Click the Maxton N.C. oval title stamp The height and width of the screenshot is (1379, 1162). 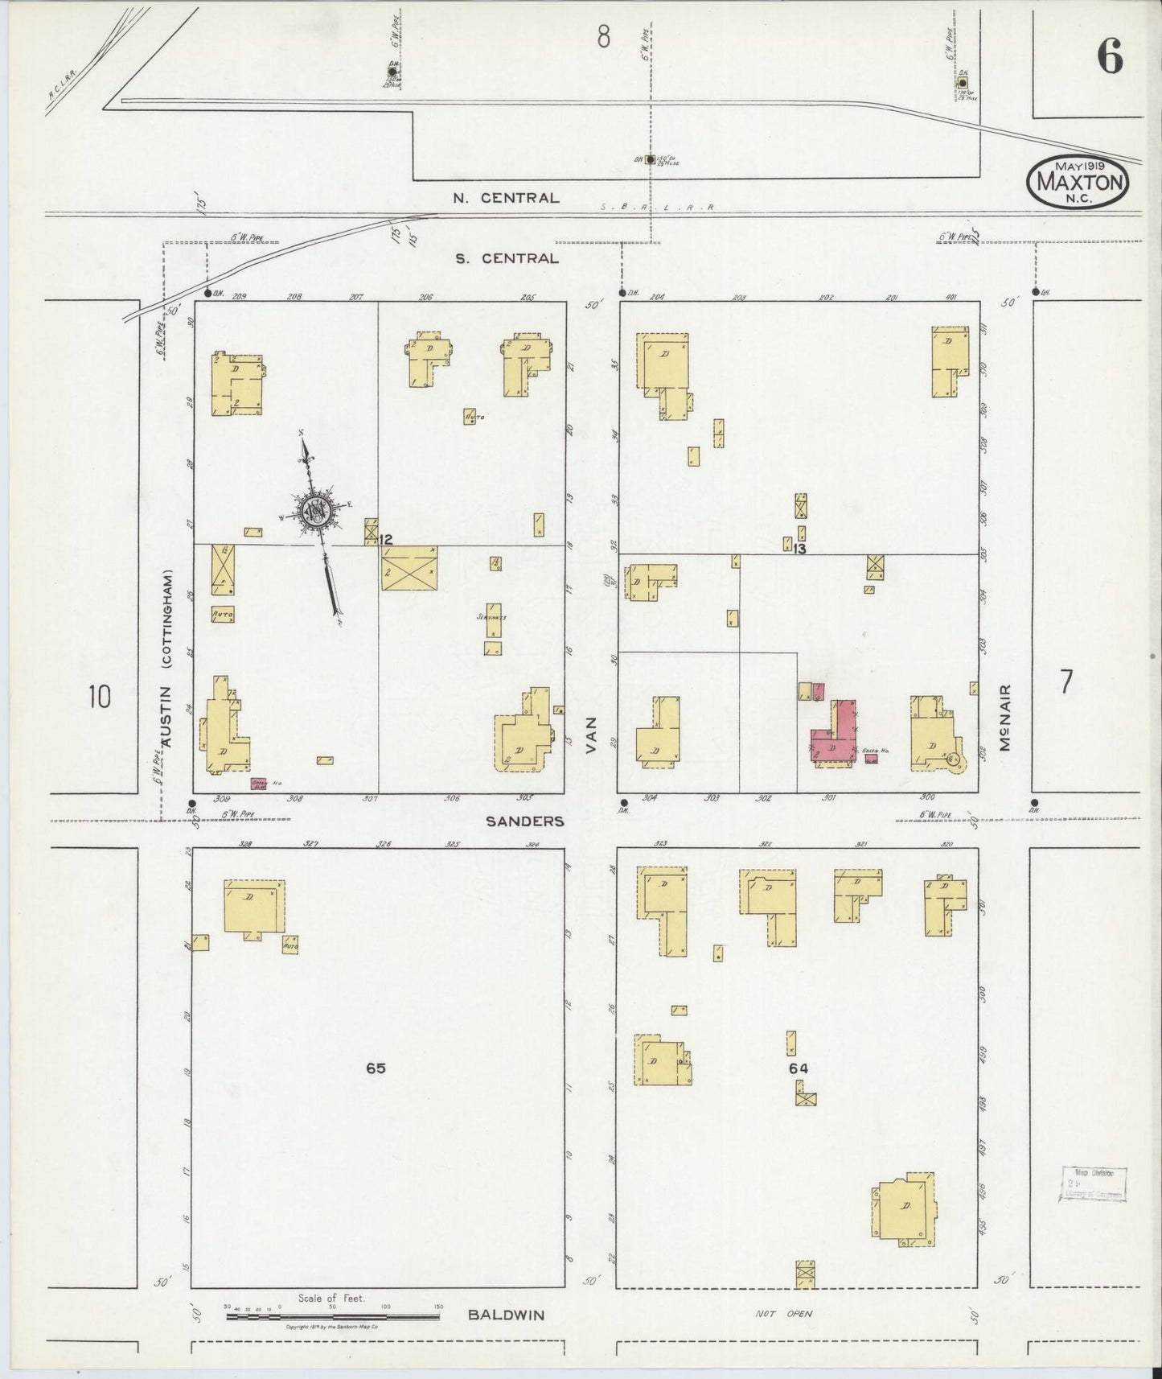pyautogui.click(x=1078, y=180)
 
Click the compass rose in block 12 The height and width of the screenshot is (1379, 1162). pyautogui.click(x=315, y=512)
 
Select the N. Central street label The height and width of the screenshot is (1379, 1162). pyautogui.click(x=506, y=198)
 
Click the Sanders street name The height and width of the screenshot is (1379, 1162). pyautogui.click(x=525, y=821)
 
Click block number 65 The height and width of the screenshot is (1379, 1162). pyautogui.click(x=376, y=1068)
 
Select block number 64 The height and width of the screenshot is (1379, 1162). pyautogui.click(x=798, y=1068)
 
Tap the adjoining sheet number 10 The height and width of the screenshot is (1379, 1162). pyautogui.click(x=99, y=696)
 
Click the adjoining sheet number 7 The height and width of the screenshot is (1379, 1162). pyautogui.click(x=1066, y=682)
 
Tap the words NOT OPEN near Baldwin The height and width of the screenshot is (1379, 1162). pyautogui.click(x=783, y=1314)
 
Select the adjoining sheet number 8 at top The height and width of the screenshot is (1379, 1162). pyautogui.click(x=603, y=36)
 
